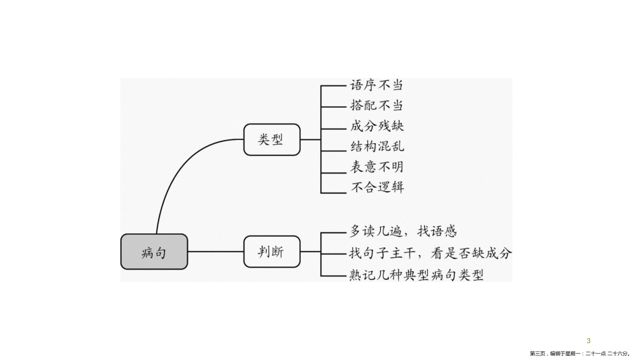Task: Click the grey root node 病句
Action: [x=154, y=252]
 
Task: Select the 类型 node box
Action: [x=271, y=139]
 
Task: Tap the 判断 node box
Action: [x=271, y=252]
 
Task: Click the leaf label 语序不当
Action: [x=377, y=86]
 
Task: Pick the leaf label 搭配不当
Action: [x=377, y=106]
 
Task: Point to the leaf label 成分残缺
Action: [x=377, y=127]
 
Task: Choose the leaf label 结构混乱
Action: [x=377, y=147]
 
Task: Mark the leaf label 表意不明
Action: [x=377, y=167]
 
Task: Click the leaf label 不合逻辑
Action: [x=377, y=187]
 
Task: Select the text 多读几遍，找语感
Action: [x=404, y=232]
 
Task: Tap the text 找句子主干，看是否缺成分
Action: [x=430, y=253]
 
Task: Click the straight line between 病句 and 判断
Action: [x=215, y=252]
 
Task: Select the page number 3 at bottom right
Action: [x=589, y=340]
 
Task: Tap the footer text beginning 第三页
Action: [x=579, y=353]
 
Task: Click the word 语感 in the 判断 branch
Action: [x=444, y=232]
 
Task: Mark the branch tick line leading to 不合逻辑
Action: [x=333, y=193]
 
